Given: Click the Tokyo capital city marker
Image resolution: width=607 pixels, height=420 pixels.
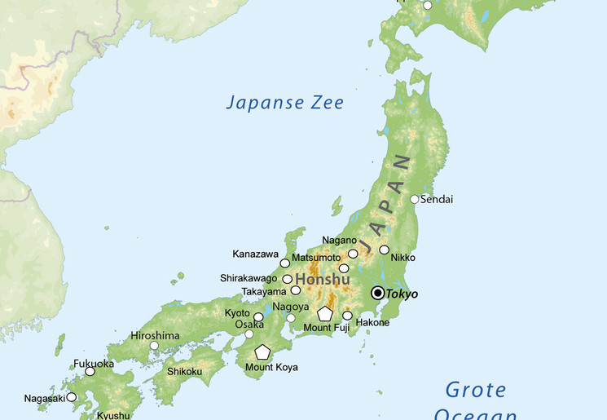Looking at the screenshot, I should [x=377, y=293].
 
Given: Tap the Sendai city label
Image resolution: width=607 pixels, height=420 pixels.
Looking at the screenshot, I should [x=437, y=199].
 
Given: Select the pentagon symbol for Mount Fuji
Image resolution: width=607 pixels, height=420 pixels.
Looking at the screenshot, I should [x=325, y=313].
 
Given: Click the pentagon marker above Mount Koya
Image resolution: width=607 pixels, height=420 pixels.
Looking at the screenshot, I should [x=262, y=352].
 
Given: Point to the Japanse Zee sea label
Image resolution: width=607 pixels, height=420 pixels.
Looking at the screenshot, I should [x=284, y=103].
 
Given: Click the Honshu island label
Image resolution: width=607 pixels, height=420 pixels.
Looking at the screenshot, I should [x=322, y=280].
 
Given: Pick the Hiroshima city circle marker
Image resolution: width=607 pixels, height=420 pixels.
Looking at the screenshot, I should [x=154, y=346].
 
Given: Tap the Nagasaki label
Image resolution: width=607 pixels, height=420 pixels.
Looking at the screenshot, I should [x=44, y=397].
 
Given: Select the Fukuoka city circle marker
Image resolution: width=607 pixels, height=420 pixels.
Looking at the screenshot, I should [x=90, y=371].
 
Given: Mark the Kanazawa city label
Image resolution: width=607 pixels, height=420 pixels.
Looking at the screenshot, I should [x=256, y=253].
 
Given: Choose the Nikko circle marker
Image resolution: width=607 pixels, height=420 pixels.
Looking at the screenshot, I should [x=384, y=250].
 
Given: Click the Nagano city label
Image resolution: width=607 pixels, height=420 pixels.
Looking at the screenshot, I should [x=339, y=240].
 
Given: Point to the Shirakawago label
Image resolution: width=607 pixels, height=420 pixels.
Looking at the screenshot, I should [x=249, y=278].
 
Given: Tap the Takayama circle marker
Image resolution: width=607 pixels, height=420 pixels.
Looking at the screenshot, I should [x=296, y=290].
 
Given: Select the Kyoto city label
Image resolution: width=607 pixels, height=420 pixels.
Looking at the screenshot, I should [x=237, y=313].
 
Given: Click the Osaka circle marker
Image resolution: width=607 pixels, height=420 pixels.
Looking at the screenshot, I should [x=249, y=334].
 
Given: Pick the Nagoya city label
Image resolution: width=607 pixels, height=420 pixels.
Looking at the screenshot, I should [x=291, y=307].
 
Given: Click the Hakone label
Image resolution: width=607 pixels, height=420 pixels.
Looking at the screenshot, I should [x=372, y=322].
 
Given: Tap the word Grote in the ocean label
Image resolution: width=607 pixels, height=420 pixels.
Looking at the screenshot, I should [x=477, y=390].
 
